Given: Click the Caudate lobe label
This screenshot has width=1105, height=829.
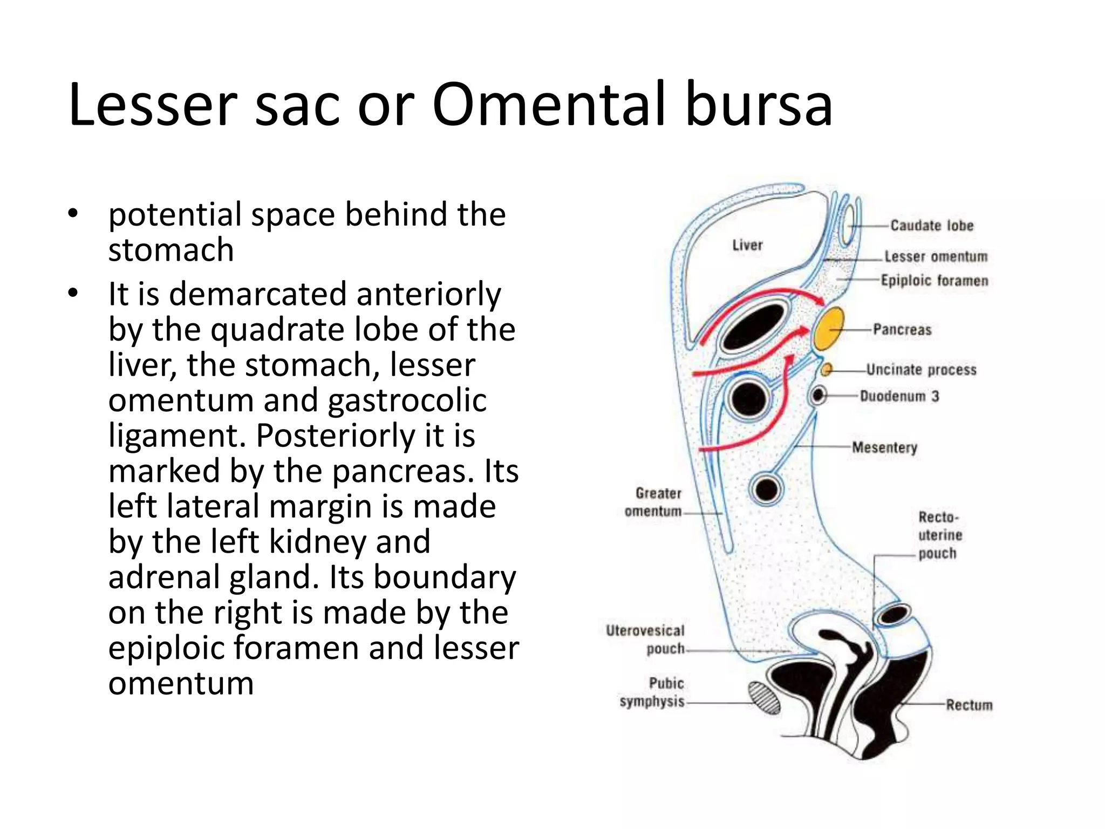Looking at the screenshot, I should (x=932, y=226).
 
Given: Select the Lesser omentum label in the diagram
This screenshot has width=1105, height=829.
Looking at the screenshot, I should (x=936, y=256).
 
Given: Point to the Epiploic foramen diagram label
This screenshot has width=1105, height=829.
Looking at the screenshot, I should (x=935, y=281).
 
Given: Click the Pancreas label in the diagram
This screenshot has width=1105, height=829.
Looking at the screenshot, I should (x=902, y=329).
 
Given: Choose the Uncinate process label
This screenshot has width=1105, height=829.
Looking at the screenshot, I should (x=921, y=370).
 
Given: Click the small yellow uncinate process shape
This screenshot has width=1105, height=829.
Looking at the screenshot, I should (x=826, y=369).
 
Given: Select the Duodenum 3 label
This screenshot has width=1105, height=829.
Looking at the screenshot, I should (x=899, y=396).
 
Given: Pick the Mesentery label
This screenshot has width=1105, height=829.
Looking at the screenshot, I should (x=884, y=447).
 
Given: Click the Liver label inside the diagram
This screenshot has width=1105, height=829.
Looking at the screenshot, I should (x=747, y=246).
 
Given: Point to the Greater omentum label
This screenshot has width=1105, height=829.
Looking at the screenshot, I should (x=654, y=502).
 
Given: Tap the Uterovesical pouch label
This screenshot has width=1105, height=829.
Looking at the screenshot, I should (x=646, y=640).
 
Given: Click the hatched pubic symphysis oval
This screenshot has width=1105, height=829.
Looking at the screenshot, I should (x=764, y=698).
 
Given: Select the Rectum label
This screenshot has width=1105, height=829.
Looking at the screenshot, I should (x=969, y=705).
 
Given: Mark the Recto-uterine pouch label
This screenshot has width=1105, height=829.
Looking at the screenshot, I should (x=939, y=535).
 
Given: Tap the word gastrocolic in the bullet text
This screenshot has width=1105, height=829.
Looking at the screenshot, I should (x=407, y=400).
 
